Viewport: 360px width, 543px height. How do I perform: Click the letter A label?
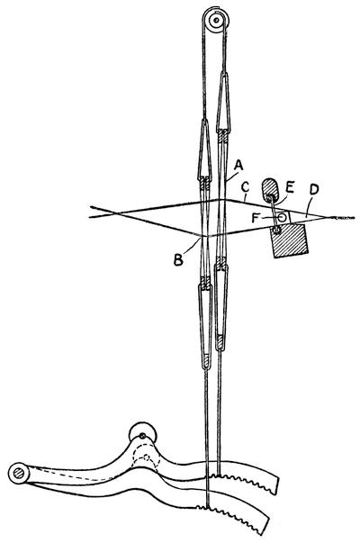[x=238, y=165]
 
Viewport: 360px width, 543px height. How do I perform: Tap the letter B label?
[x=178, y=259]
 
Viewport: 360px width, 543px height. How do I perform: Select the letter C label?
[x=245, y=187]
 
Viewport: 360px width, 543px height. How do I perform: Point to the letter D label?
[x=314, y=189]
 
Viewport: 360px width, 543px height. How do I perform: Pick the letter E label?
[x=290, y=187]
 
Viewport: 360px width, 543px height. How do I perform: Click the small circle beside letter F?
[x=282, y=217]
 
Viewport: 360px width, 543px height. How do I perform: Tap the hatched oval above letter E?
[x=270, y=189]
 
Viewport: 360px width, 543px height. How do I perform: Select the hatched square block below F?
[x=289, y=241]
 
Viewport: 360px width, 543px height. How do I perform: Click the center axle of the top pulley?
[x=216, y=21]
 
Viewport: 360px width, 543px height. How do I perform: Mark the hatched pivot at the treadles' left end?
[x=18, y=473]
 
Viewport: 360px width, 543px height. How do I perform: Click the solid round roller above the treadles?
[x=142, y=433]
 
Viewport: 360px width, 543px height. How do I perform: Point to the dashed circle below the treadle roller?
[x=147, y=460]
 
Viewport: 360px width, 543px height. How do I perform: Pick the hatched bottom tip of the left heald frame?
[x=205, y=363]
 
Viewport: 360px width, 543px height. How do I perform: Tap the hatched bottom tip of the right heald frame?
[x=220, y=342]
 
